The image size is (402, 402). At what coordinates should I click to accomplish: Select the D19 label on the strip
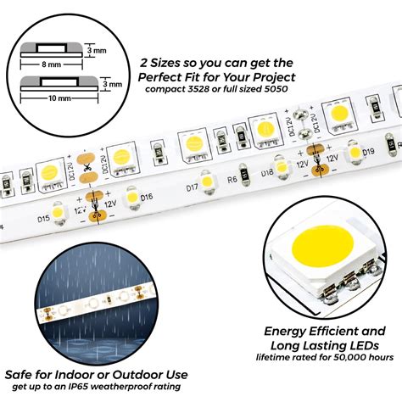pos(367,154)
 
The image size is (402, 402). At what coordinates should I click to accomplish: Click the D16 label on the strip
pos(147,198)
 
